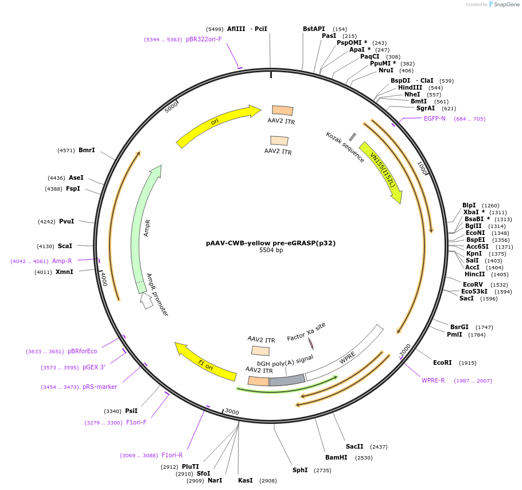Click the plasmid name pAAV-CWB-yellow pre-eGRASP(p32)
(271, 243)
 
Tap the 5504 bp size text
(271, 250)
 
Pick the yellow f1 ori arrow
(205, 362)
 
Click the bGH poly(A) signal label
(285, 360)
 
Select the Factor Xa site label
(306, 331)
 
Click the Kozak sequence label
(345, 147)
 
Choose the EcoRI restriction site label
(442, 362)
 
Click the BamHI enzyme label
(336, 457)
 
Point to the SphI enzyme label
(300, 470)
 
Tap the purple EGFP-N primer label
(434, 119)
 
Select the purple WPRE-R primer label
(433, 380)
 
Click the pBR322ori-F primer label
(204, 40)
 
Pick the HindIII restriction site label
(410, 88)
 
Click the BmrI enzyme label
(87, 151)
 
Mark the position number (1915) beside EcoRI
(468, 363)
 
